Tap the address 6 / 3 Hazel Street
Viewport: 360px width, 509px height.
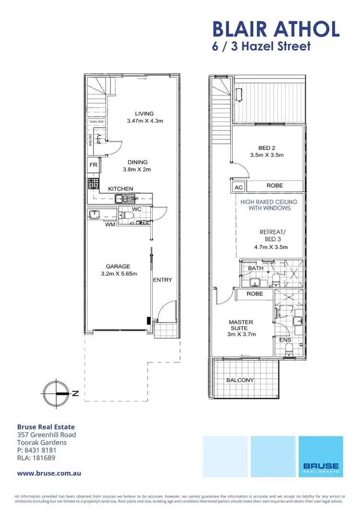[x=262, y=47]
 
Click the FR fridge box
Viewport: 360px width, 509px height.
[x=93, y=166]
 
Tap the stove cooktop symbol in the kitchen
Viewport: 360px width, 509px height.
[x=93, y=183]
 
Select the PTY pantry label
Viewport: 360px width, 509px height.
[x=99, y=139]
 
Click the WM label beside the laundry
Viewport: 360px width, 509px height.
[x=110, y=224]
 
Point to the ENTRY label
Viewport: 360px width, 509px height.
[x=162, y=280]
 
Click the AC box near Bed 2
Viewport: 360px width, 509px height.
[x=238, y=188]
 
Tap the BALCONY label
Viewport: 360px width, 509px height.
[x=240, y=380]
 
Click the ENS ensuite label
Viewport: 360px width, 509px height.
[x=285, y=340]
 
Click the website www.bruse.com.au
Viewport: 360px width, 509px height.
[x=48, y=473]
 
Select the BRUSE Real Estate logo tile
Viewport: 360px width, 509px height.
[x=321, y=456]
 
